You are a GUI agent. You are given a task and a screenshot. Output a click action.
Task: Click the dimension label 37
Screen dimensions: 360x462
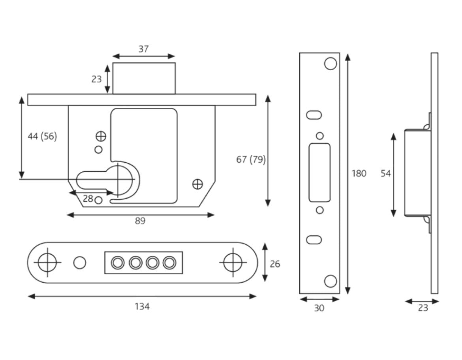(x=143, y=49)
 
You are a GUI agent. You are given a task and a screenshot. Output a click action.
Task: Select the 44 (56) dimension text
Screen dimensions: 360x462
(x=42, y=137)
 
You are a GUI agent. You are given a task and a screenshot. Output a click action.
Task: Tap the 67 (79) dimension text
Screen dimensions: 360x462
(x=251, y=159)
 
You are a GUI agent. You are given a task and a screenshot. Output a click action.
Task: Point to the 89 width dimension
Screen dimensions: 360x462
(x=140, y=221)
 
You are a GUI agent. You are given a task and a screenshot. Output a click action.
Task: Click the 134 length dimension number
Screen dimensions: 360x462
(x=142, y=306)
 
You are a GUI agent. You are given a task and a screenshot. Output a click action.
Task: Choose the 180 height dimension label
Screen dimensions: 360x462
(x=359, y=173)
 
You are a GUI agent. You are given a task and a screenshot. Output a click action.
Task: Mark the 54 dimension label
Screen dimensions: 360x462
(x=386, y=173)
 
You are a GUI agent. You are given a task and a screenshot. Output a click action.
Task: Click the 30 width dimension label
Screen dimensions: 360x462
(x=319, y=308)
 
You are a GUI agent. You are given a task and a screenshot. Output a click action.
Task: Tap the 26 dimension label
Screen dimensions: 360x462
(x=275, y=264)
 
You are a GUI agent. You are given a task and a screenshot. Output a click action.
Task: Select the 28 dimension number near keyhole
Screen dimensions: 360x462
(x=88, y=199)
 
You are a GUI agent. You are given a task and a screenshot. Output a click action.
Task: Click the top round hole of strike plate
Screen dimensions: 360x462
(x=331, y=64)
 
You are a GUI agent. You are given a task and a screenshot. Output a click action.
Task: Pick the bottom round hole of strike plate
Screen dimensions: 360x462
(x=331, y=281)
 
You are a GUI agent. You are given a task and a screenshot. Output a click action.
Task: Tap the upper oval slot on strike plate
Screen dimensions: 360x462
(x=314, y=115)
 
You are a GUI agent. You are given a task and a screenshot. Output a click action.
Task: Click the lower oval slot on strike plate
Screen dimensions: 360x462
(x=314, y=240)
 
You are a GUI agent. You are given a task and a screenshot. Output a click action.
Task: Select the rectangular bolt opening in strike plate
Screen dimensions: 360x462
(x=320, y=173)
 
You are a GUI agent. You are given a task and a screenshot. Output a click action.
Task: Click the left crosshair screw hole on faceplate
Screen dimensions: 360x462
(x=47, y=262)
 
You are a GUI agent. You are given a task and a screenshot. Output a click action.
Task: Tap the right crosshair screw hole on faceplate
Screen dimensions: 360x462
(x=233, y=262)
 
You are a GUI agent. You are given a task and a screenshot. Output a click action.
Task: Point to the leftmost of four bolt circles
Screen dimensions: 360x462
(x=118, y=262)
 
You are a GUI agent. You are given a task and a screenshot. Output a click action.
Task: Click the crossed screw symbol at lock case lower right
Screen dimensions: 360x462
(x=197, y=184)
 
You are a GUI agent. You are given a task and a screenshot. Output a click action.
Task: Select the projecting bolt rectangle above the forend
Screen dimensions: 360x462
(x=144, y=78)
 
